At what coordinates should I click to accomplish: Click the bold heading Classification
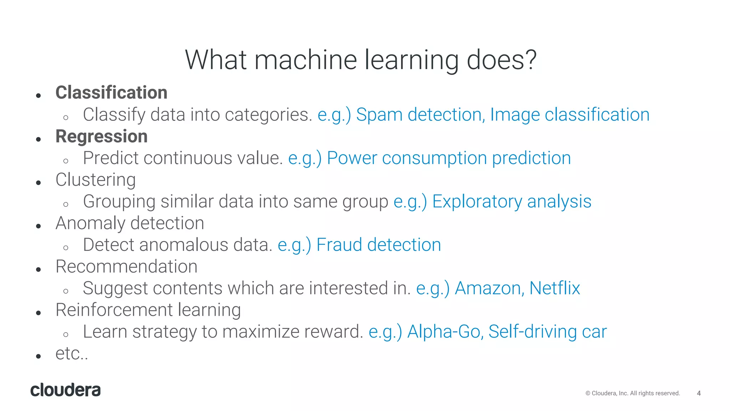[111, 93]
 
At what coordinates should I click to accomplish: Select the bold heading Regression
[102, 137]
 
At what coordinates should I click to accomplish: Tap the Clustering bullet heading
[96, 180]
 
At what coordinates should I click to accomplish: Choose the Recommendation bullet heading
[127, 267]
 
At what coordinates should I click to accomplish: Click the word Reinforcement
[114, 310]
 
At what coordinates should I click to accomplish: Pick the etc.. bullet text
[72, 354]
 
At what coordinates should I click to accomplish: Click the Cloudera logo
[66, 390]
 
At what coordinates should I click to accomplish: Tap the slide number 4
[699, 393]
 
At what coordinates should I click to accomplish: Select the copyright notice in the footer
[633, 393]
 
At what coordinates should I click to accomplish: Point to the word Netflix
[555, 288]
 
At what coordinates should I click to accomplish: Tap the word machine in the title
[305, 60]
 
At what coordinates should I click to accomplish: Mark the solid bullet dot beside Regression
[38, 139]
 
